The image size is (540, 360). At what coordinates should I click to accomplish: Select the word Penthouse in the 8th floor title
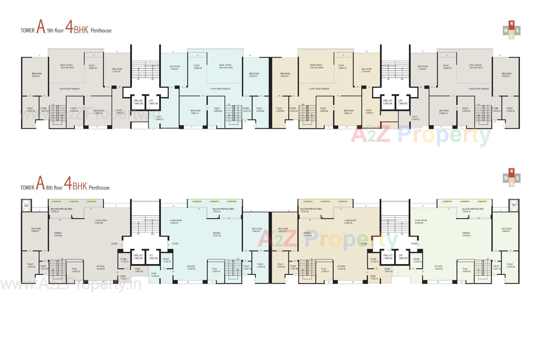[99, 188]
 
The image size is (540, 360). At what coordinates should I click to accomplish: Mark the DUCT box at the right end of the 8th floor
[514, 205]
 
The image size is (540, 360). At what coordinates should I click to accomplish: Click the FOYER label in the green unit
[414, 244]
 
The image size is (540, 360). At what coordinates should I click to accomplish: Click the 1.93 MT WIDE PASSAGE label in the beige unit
[319, 89]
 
